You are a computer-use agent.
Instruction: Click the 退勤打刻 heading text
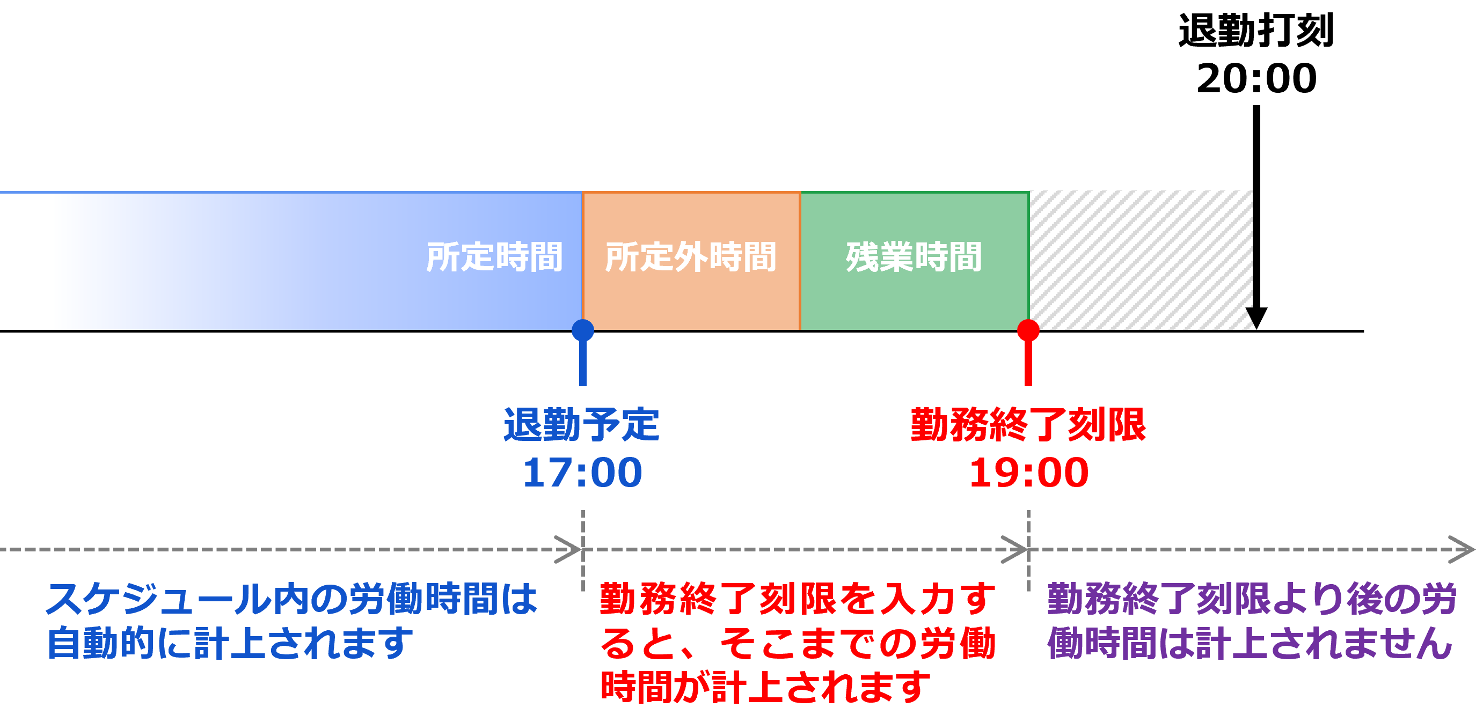1255,31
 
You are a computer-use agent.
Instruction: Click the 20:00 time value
1256,78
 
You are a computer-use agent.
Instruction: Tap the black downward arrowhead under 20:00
1256,318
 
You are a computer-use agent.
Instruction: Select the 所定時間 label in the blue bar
494,256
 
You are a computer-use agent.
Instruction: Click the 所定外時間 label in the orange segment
690,256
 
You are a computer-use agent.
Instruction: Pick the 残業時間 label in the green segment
914,256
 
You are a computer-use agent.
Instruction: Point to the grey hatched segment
1141,261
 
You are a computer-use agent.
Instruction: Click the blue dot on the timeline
582,331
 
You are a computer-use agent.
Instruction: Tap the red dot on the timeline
1028,331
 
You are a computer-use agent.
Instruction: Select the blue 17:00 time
582,473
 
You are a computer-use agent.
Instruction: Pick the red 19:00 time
1029,473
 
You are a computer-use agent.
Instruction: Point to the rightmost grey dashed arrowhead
1461,549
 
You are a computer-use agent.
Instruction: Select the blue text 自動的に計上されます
230,643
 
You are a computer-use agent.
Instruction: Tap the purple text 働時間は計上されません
1250,643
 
